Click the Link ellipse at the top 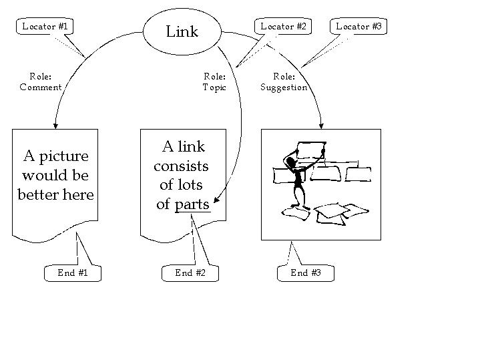pos(182,31)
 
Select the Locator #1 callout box pos(46,27)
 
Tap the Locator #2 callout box pos(283,27)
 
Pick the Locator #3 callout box pos(358,27)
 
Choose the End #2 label pos(190,273)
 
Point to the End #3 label pos(306,273)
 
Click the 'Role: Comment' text pos(41,81)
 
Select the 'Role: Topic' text pos(214,81)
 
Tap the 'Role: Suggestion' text pos(284,81)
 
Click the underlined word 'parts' pos(192,204)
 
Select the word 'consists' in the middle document pos(181,166)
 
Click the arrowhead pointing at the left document pos(55,124)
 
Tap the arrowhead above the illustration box pos(322,124)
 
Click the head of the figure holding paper pos(291,159)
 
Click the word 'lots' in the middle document pos(190,185)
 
